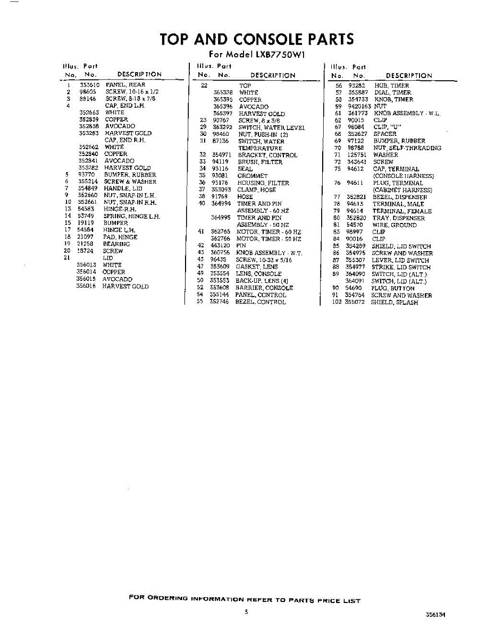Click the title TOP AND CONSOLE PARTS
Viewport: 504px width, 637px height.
pyautogui.click(x=256, y=39)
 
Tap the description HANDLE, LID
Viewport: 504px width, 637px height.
pyautogui.click(x=123, y=188)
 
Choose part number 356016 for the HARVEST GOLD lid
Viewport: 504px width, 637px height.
pyautogui.click(x=86, y=286)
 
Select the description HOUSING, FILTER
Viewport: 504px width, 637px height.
pyautogui.click(x=263, y=183)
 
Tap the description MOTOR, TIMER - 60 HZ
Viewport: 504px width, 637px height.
pyautogui.click(x=268, y=232)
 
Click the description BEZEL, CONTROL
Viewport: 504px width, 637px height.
pyautogui.click(x=261, y=302)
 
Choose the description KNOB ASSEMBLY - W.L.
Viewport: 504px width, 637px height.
pyautogui.click(x=407, y=113)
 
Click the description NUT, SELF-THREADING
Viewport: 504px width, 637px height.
pyautogui.click(x=407, y=148)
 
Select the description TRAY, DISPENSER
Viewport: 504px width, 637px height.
pyautogui.click(x=399, y=218)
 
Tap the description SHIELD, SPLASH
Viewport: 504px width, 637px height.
pyautogui.click(x=394, y=303)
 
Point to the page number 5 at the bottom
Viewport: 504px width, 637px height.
pyautogui.click(x=246, y=612)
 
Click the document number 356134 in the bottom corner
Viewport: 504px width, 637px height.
pyautogui.click(x=435, y=615)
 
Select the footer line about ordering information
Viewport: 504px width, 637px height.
pyautogui.click(x=245, y=600)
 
